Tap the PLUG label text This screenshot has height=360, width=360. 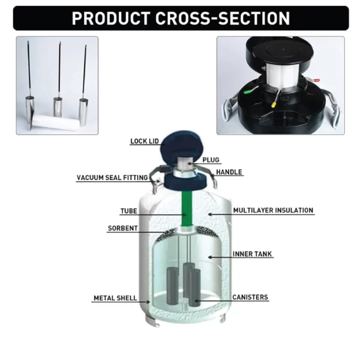211,160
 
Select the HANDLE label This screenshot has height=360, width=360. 229,172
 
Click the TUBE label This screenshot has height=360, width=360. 129,211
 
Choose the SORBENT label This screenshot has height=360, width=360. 122,229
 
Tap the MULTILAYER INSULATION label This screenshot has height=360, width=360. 273,211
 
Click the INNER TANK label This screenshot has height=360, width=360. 253,254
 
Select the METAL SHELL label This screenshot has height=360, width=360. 115,298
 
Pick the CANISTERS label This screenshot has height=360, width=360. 250,298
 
